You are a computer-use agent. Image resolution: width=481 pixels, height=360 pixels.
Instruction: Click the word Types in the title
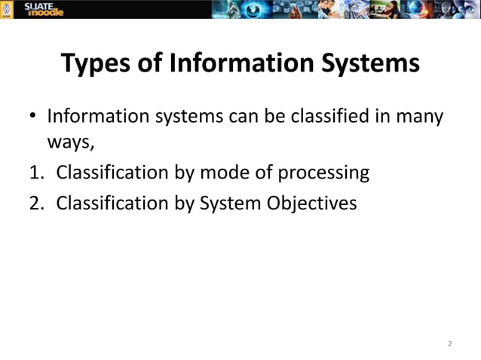[x=96, y=65]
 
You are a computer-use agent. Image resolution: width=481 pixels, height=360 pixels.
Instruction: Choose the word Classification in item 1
[x=114, y=172]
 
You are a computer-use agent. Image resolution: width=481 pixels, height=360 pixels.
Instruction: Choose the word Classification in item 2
[x=114, y=203]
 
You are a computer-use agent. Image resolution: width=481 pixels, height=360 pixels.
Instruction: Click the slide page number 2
[x=449, y=344]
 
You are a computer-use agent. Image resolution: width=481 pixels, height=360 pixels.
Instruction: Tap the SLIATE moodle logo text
[x=44, y=9]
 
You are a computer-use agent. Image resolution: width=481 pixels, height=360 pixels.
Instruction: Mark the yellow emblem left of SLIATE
[x=8, y=9]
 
